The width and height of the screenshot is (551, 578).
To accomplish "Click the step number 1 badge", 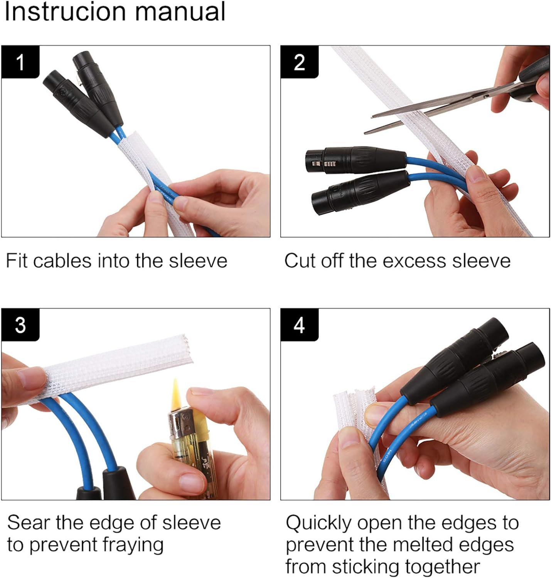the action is [x=20, y=62].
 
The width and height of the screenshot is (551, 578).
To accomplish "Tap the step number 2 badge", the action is [x=300, y=62].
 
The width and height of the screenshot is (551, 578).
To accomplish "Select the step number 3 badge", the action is [x=20, y=324].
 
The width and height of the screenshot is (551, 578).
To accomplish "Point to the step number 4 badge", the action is [x=300, y=324].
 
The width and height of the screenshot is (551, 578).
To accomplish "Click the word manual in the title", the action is [x=180, y=12].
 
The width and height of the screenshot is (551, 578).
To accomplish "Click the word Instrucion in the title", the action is [x=66, y=12].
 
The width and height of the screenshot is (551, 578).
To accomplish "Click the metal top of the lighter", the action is [x=180, y=423].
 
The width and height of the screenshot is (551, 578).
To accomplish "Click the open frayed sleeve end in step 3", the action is [x=187, y=349].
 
